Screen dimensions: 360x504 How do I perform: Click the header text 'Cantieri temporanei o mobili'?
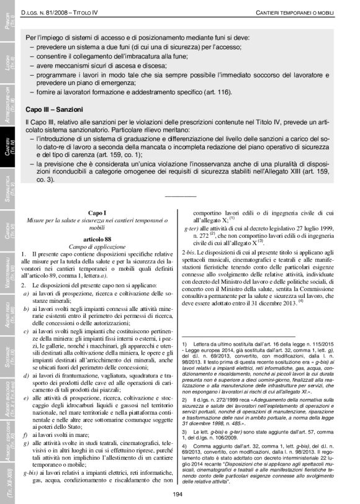(x=297, y=13)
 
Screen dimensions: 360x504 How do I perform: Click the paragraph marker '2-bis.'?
(x=188, y=252)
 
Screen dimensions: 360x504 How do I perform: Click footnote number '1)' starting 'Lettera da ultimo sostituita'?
(x=184, y=343)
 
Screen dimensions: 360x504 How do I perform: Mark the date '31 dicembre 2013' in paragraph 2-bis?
(x=269, y=302)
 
